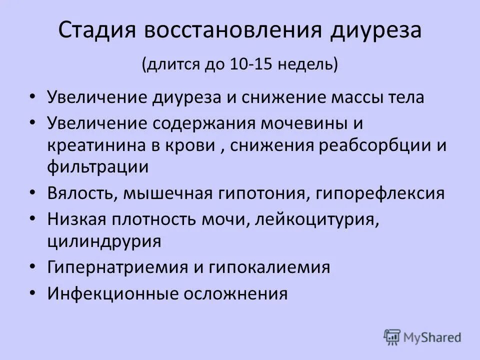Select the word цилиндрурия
(104, 241)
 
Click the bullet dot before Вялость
(32, 193)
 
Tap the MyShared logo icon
(392, 336)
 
